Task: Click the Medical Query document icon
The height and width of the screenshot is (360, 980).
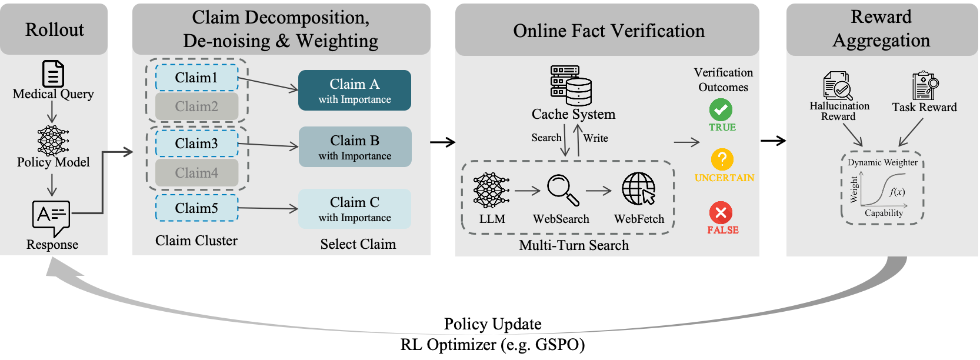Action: [x=53, y=74]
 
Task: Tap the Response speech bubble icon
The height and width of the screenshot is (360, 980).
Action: [x=51, y=217]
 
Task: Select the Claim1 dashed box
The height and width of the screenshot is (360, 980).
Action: [x=196, y=78]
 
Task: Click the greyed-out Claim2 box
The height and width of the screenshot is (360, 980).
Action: [x=196, y=106]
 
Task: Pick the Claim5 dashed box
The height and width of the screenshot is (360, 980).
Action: [x=196, y=208]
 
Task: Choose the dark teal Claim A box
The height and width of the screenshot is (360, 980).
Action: [x=355, y=91]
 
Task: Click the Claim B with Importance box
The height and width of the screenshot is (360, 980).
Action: [x=355, y=147]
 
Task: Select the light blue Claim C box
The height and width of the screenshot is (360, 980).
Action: [x=355, y=209]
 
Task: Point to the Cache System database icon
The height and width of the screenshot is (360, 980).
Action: [x=571, y=85]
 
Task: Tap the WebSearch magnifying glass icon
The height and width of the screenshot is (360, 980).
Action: [x=563, y=189]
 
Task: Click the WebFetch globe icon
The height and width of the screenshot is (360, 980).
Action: [x=639, y=189]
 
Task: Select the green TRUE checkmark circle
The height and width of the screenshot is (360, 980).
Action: [x=721, y=109]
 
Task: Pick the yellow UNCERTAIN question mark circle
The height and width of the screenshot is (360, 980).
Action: [x=722, y=159]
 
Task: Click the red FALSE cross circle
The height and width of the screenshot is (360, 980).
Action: [x=721, y=212]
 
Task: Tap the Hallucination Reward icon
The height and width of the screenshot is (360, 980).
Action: [x=838, y=86]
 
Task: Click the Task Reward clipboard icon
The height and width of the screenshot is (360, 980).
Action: [x=925, y=86]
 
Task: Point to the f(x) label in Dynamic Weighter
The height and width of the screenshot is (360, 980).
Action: [x=897, y=192]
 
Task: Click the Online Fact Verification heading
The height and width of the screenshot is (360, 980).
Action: [x=608, y=31]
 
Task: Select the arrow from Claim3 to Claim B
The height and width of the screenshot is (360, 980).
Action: [x=268, y=145]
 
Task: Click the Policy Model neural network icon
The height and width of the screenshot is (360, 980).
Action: [x=53, y=141]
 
